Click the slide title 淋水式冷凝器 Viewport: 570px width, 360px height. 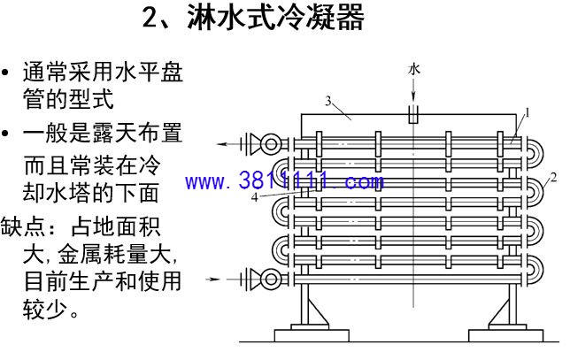coord(275,18)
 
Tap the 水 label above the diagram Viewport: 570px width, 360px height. coord(413,69)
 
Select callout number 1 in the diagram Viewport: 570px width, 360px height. coord(528,113)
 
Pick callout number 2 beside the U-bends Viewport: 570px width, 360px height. coord(553,178)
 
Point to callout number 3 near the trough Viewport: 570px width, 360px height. coord(328,101)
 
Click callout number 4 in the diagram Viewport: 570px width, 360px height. coord(255,198)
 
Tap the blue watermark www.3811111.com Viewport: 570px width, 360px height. coord(284,180)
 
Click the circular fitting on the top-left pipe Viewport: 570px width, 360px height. coord(271,144)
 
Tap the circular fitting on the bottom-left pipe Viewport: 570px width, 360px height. coord(271,280)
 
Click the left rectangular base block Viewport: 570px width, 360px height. coord(312,335)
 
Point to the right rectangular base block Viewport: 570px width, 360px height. coord(506,335)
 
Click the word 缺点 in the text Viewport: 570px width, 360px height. coord(23,226)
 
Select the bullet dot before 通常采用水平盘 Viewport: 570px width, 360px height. coord(5,72)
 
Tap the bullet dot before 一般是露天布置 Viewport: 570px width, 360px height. coord(5,133)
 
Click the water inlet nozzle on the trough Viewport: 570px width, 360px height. coord(413,114)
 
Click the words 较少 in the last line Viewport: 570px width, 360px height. coord(45,309)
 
